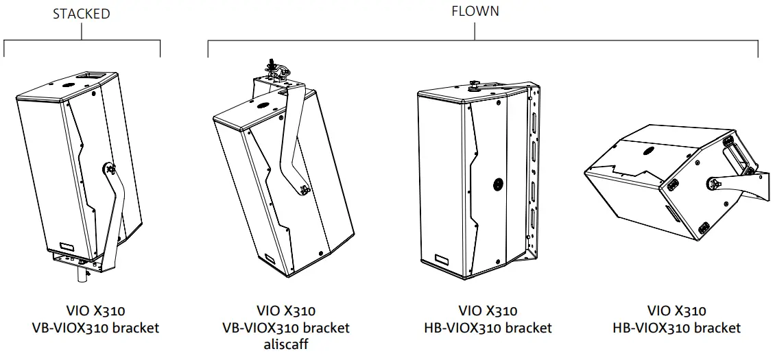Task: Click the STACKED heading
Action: pos(82,14)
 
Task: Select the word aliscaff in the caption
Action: pos(286,344)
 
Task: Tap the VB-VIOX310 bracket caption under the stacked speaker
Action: pos(95,328)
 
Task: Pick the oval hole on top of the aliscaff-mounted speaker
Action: pos(263,106)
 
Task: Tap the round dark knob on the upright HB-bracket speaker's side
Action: pos(497,184)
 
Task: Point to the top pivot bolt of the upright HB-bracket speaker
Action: pos(473,85)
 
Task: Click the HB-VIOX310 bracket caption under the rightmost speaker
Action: pos(676,328)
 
